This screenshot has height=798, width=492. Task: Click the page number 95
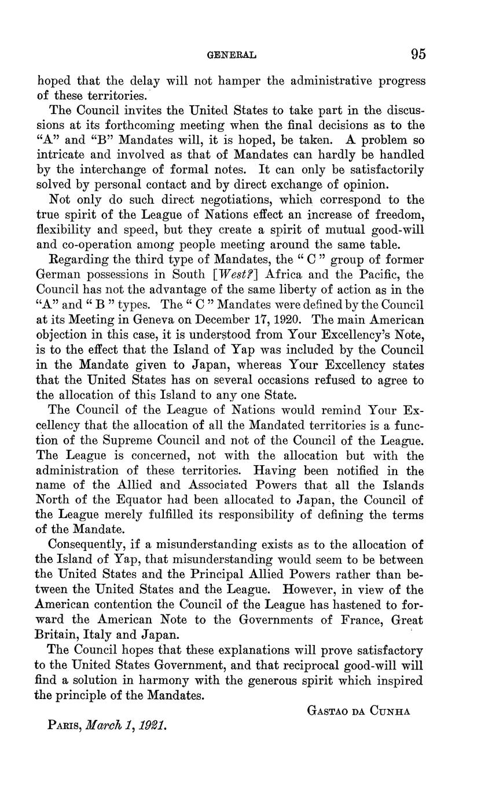tap(418, 54)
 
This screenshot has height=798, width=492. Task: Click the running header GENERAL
tap(232, 56)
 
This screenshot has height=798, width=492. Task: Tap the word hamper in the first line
tap(222, 80)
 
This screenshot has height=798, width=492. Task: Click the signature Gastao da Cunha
tap(358, 711)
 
